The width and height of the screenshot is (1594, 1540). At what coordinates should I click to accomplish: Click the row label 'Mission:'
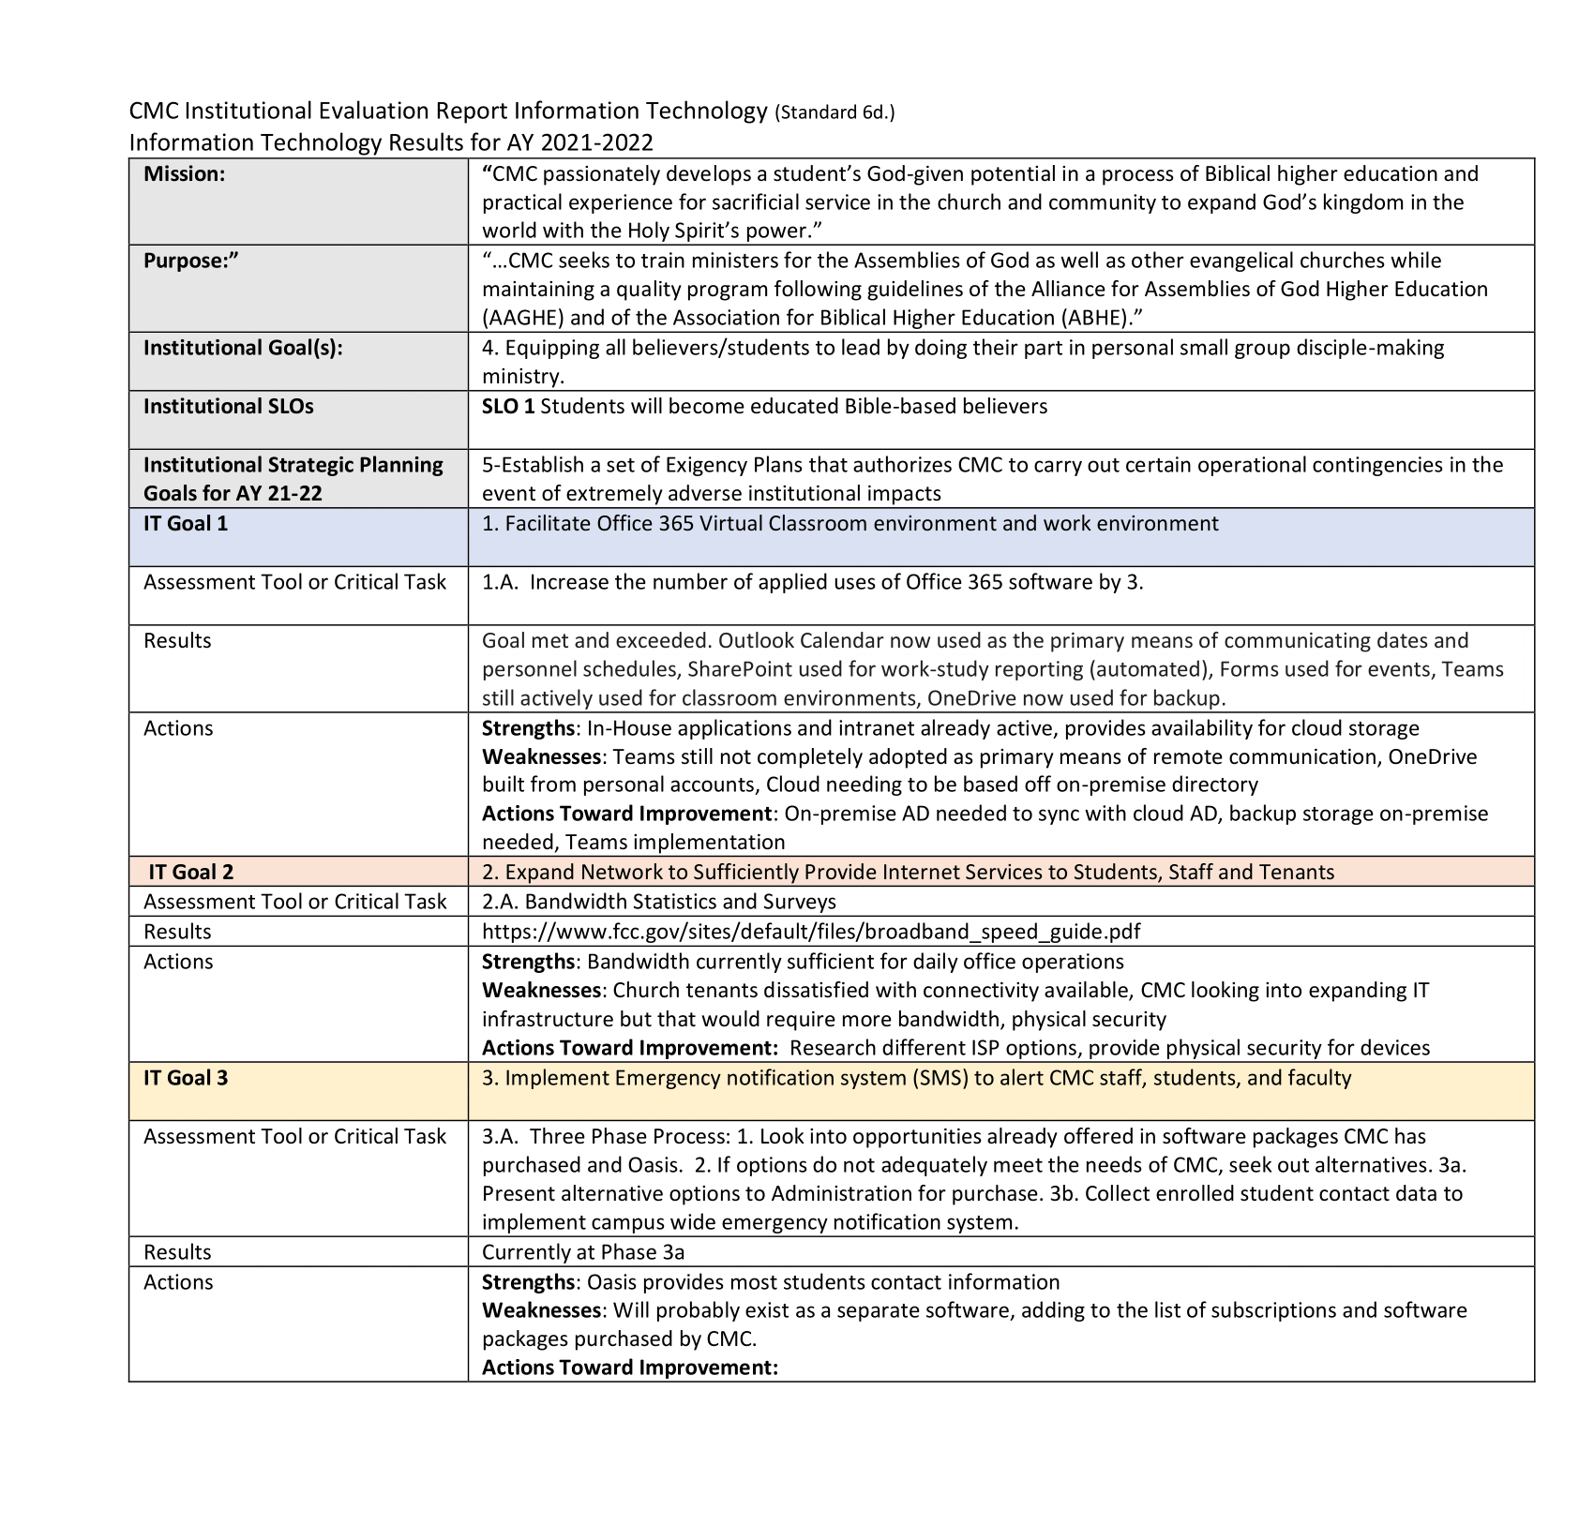coord(184,173)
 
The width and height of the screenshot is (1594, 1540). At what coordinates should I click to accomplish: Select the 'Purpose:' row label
coord(191,261)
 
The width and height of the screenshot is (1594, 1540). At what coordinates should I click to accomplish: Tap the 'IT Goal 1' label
coord(185,523)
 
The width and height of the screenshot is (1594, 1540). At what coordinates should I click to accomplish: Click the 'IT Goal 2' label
coord(190,872)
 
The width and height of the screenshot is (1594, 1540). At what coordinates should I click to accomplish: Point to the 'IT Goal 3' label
coord(185,1077)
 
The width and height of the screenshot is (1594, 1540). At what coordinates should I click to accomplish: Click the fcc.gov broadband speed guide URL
coord(810,931)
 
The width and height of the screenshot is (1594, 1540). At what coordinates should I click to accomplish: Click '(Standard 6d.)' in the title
coord(834,113)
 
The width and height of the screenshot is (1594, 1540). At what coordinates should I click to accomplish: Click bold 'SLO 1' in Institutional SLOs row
coord(507,406)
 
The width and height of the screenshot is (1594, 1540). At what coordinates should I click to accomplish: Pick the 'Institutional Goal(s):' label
coord(243,348)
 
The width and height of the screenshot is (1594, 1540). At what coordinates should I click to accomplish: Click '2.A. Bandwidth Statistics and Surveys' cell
coord(658,901)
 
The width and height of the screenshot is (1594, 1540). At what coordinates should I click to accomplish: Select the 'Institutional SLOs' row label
coord(228,406)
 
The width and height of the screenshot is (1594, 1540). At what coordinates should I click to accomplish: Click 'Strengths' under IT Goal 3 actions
coord(527,1281)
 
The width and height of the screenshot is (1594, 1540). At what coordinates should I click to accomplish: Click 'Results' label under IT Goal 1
coord(177,640)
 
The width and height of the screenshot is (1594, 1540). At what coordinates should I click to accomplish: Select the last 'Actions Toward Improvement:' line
coord(629,1367)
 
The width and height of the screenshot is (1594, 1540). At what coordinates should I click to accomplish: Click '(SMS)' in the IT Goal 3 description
coord(939,1077)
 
